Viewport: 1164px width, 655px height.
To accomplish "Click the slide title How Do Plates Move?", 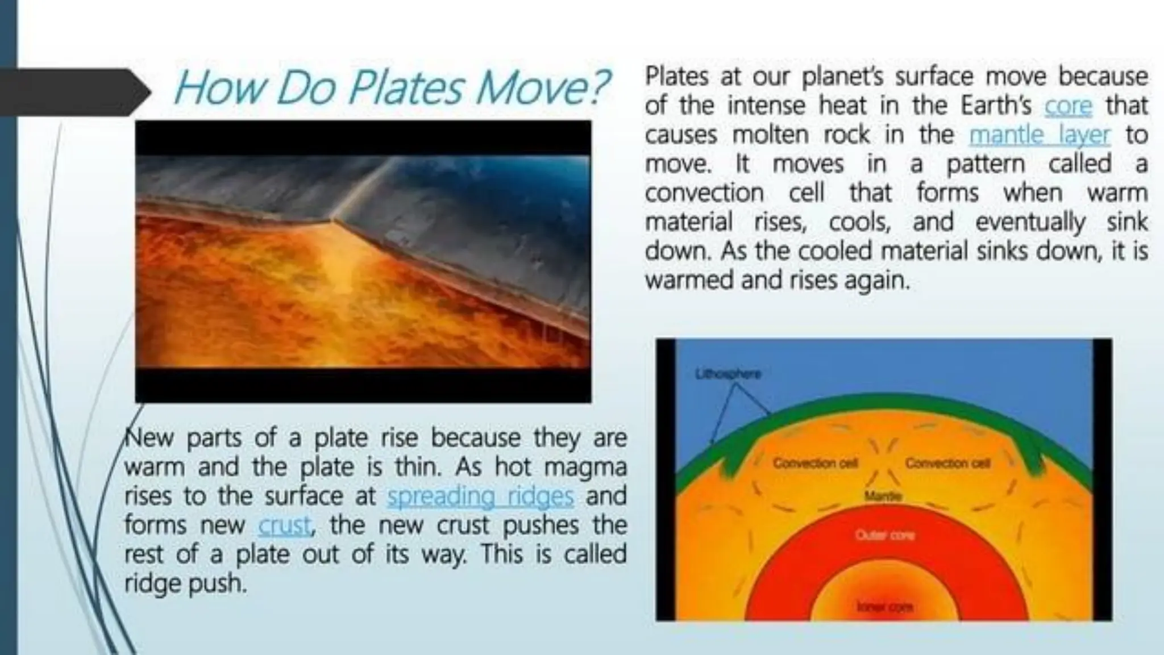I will pos(391,88).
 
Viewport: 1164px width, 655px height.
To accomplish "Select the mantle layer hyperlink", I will pos(1039,135).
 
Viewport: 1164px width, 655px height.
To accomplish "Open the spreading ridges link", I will pos(480,497).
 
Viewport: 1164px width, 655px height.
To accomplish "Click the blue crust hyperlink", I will pos(285,525).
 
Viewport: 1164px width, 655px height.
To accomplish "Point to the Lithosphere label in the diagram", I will pos(728,374).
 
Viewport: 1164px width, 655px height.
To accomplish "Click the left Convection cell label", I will pos(815,463).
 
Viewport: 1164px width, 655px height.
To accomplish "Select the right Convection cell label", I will pos(947,463).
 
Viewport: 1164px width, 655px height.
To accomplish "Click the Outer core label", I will pos(884,535).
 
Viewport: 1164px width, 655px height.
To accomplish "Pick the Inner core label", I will pos(885,607).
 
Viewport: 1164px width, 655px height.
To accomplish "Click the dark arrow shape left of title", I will pos(74,91).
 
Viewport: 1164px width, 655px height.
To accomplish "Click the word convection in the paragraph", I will pos(704,193).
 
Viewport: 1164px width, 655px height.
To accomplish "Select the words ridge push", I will pos(185,584).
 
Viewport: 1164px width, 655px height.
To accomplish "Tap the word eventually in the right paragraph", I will pos(1030,222).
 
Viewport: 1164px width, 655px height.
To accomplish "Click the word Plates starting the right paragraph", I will pos(676,77).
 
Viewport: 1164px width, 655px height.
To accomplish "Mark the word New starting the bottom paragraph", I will pos(149,438).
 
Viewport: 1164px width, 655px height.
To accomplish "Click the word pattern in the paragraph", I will pos(986,164).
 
